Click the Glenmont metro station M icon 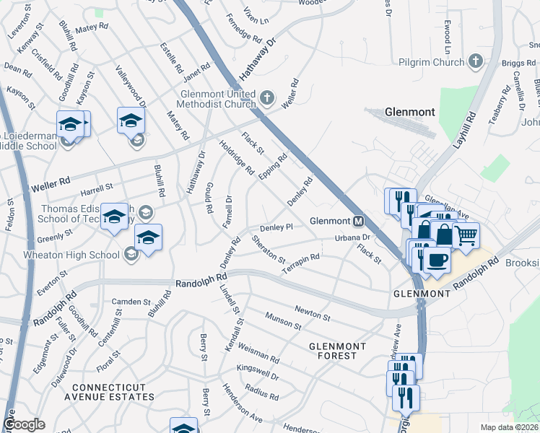click(x=358, y=221)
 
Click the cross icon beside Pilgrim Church click(x=475, y=61)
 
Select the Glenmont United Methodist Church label click(x=217, y=99)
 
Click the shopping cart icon click(x=467, y=235)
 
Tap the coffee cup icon click(x=437, y=259)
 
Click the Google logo click(x=24, y=424)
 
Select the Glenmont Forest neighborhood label click(x=333, y=351)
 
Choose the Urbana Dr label click(x=352, y=237)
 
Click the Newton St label click(x=312, y=312)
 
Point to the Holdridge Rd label click(x=238, y=158)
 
